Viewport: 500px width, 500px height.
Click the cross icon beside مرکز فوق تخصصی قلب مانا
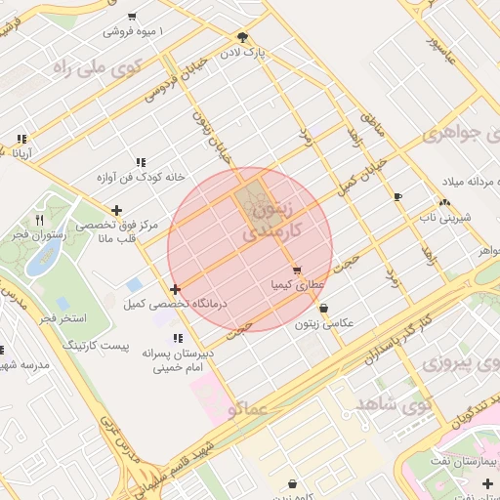(117, 210)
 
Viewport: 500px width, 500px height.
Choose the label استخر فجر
(63, 318)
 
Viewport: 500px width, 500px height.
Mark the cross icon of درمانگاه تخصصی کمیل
(175, 289)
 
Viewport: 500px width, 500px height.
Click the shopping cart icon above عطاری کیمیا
(296, 271)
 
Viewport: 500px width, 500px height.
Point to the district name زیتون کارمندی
(271, 219)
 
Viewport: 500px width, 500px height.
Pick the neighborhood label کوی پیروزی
(461, 363)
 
